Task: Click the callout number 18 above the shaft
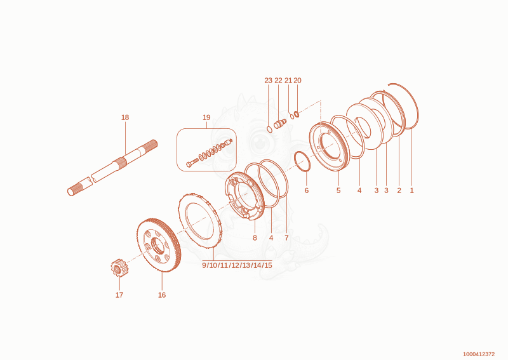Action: pos(125,117)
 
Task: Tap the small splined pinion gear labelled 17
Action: pos(119,268)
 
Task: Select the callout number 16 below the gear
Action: pos(162,295)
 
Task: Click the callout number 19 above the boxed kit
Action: pos(206,117)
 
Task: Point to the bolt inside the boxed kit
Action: pos(192,163)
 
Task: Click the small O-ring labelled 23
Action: pos(269,130)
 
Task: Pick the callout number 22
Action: pos(278,81)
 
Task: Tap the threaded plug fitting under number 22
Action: pos(279,124)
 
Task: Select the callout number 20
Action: pos(297,81)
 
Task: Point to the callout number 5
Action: pos(338,190)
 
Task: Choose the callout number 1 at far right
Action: pos(411,190)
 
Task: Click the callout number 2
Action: pos(399,190)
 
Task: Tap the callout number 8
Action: pos(255,237)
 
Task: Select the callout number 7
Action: pos(286,237)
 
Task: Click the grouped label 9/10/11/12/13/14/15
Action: pos(237,265)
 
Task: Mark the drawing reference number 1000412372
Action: pos(479,354)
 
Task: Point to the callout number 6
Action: pos(307,190)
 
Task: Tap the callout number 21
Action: pos(288,81)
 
